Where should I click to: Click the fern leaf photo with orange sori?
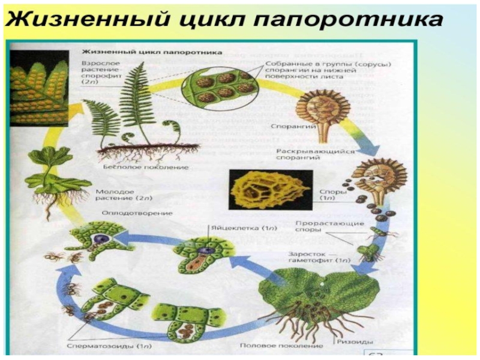coord(37,87)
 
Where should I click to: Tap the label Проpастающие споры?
coord(329,227)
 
